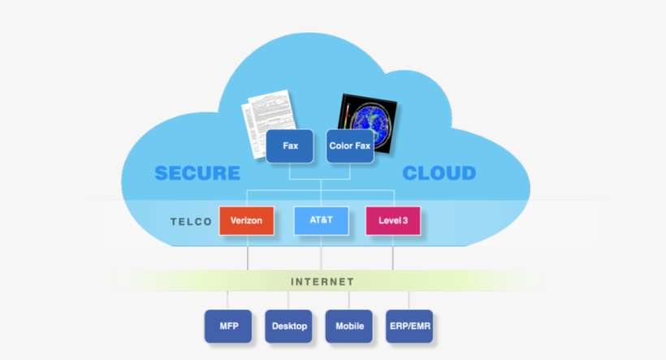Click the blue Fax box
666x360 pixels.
[289, 146]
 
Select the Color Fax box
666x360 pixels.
[350, 146]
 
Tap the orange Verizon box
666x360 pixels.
[246, 220]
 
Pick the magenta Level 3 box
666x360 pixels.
[393, 220]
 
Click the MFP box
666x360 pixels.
[228, 326]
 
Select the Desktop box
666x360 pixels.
[288, 326]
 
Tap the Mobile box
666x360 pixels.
[348, 326]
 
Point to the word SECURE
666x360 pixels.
[197, 173]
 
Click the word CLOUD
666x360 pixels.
[439, 173]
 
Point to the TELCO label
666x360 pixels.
[191, 221]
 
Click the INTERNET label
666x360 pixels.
[322, 281]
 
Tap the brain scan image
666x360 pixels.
[367, 122]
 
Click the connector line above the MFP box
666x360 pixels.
[228, 300]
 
